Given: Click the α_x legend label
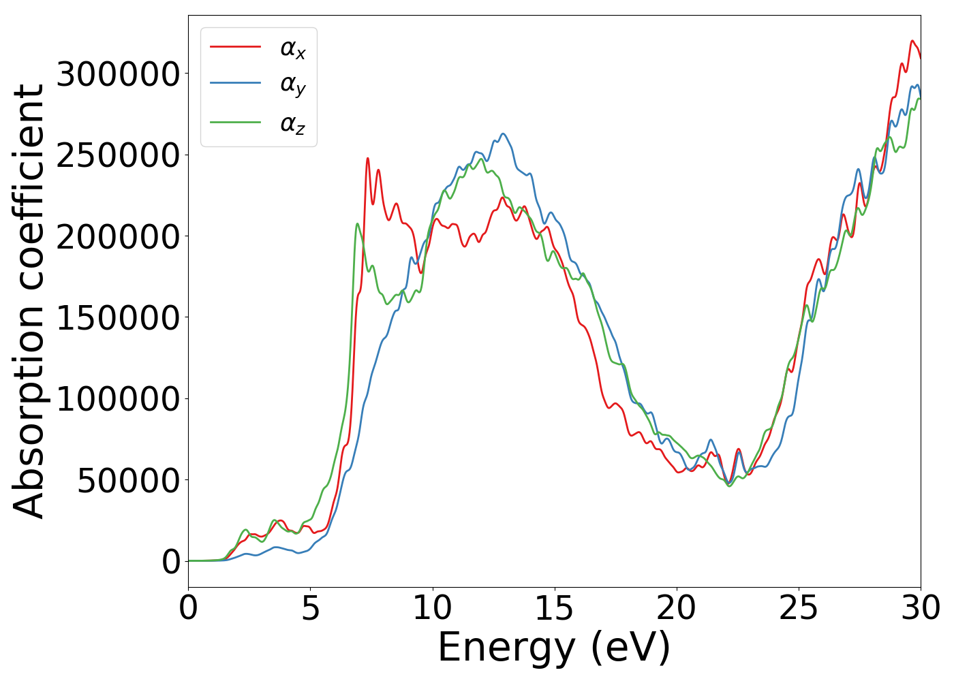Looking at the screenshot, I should click(x=293, y=48).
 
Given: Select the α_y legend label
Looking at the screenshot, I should click(x=293, y=85).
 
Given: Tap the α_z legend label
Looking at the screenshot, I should click(x=293, y=124).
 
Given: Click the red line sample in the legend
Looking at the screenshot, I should click(x=235, y=46).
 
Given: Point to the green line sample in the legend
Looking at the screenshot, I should click(x=235, y=123).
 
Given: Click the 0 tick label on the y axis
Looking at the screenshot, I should click(x=172, y=562).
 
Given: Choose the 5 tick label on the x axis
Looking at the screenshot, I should click(x=311, y=608).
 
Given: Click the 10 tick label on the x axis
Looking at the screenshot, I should click(x=432, y=608).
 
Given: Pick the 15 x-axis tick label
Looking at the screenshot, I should click(x=554, y=608).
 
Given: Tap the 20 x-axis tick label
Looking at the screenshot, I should click(x=677, y=608).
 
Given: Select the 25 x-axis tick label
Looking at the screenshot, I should click(x=799, y=608).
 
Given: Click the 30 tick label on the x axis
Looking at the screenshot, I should click(x=920, y=608).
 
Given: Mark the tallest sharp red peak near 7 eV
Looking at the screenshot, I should click(x=368, y=159).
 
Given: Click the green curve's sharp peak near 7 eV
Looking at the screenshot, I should click(x=357, y=223).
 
